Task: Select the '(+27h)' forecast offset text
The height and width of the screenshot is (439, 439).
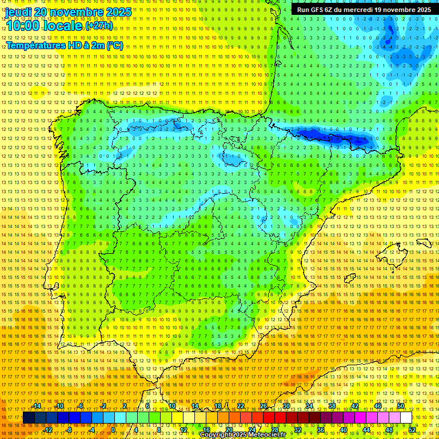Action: [x=99, y=26]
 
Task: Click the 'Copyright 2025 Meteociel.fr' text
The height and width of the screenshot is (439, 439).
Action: [x=242, y=435]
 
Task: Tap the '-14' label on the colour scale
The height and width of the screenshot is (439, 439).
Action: [x=37, y=406]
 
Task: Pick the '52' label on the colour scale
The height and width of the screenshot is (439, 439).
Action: [x=412, y=430]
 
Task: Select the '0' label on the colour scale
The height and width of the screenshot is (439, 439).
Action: [x=113, y=430]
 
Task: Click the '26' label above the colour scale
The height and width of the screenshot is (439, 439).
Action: [x=264, y=406]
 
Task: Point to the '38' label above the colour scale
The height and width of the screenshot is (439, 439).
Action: [x=332, y=406]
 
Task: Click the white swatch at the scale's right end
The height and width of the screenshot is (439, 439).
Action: [x=406, y=418]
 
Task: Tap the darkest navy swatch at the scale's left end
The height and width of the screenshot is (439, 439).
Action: [x=29, y=418]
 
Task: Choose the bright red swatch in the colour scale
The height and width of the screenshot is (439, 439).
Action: [x=269, y=418]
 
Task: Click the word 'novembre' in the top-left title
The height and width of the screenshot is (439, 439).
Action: [x=76, y=12]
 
